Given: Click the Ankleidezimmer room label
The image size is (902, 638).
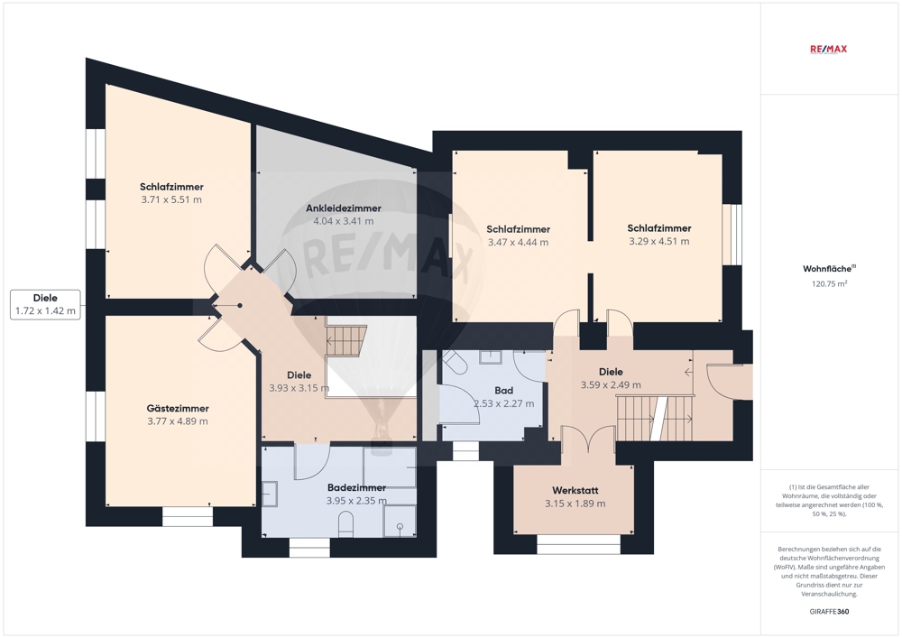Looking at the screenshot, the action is pyautogui.click(x=344, y=208).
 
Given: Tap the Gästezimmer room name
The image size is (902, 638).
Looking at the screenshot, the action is pyautogui.click(x=178, y=409).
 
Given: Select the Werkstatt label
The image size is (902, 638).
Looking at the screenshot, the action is pyautogui.click(x=575, y=491).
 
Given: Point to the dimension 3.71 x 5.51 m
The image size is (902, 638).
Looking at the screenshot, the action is pyautogui.click(x=171, y=199).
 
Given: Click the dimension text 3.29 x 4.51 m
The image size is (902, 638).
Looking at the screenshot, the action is pyautogui.click(x=659, y=242).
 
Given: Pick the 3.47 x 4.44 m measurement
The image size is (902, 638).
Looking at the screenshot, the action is pyautogui.click(x=519, y=243).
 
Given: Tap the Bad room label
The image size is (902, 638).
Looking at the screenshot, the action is pyautogui.click(x=504, y=391).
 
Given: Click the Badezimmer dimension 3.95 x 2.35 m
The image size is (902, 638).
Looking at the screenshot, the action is pyautogui.click(x=356, y=501).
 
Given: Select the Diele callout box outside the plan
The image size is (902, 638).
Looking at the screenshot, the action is pyautogui.click(x=45, y=304).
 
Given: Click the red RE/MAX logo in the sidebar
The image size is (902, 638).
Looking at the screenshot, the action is pyautogui.click(x=828, y=49).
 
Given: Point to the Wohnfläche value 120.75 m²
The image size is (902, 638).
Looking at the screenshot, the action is pyautogui.click(x=829, y=283).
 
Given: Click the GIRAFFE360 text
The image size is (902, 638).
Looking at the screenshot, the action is pyautogui.click(x=829, y=612).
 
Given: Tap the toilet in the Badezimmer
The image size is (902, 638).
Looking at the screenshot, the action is pyautogui.click(x=345, y=524).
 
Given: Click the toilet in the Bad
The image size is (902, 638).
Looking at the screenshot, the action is pyautogui.click(x=456, y=361).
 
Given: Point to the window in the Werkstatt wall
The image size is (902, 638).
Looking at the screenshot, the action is pyautogui.click(x=579, y=545).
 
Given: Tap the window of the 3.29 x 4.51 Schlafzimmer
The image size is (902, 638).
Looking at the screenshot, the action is pyautogui.click(x=732, y=235).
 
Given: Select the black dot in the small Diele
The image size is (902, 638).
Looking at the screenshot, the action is pyautogui.click(x=240, y=306).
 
